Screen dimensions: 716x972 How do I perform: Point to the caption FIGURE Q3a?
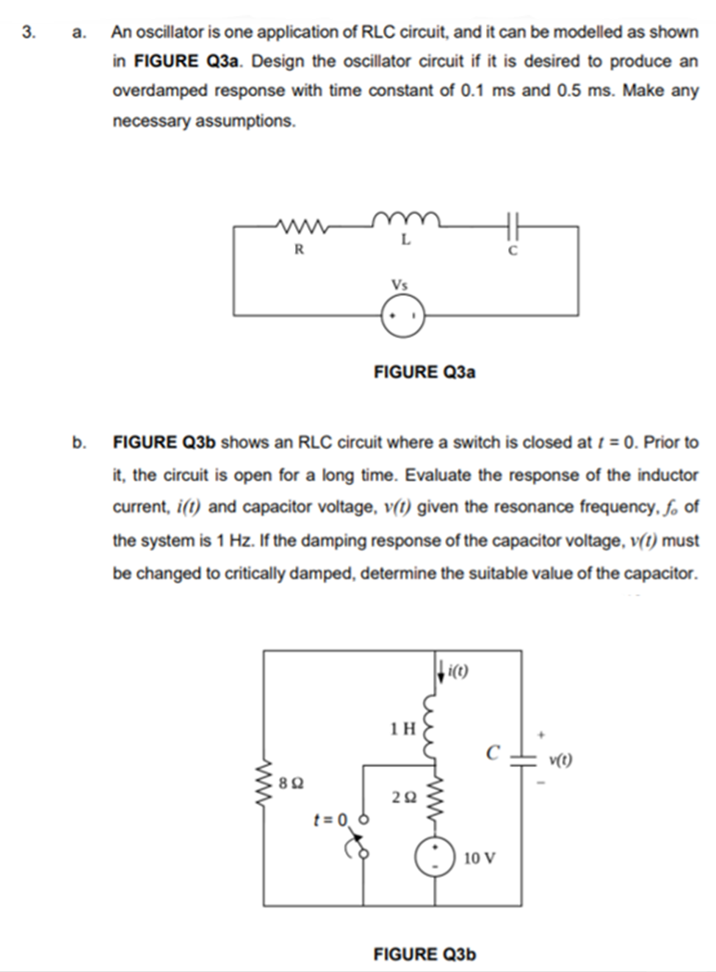pos(424,372)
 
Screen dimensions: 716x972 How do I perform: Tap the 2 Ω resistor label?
pos(402,796)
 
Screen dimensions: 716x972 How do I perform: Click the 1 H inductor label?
pos(401,728)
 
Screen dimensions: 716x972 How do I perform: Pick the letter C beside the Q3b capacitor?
pos(494,753)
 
